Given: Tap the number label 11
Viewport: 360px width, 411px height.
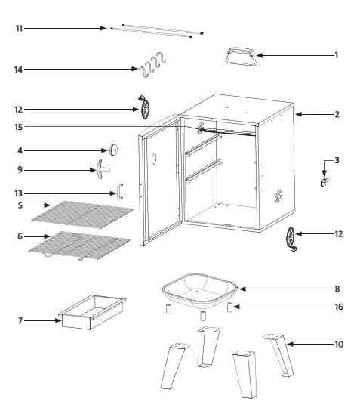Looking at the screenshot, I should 20,28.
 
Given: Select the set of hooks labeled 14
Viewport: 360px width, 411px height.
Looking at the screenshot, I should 152,66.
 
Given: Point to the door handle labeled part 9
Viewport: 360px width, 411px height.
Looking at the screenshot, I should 101,169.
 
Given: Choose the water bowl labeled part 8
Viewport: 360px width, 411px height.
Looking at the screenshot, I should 201,288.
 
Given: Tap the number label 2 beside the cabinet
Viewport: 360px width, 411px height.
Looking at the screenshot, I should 337,115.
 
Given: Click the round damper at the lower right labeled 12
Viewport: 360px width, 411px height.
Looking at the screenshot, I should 292,240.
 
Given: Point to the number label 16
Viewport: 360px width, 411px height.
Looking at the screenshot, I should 338,307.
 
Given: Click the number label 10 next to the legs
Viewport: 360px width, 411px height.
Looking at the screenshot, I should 338,345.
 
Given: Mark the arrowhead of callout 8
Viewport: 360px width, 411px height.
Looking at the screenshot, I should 242,289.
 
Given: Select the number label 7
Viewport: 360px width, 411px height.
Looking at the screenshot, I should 20,320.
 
